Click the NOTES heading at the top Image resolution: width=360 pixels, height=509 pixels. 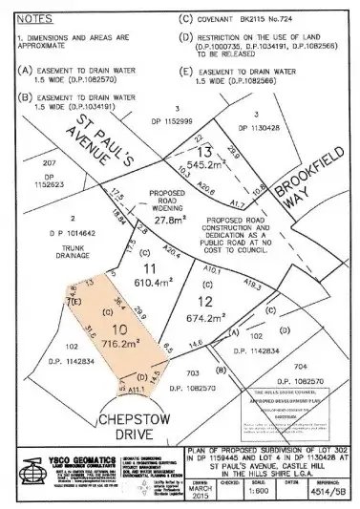35,18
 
